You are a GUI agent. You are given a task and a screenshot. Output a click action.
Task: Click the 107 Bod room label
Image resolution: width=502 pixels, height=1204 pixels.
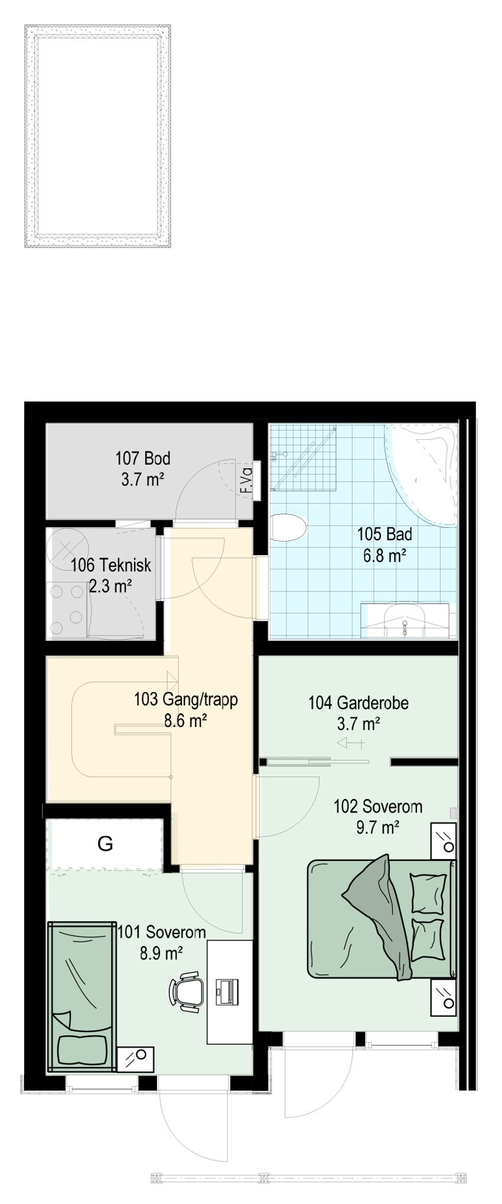tap(142, 458)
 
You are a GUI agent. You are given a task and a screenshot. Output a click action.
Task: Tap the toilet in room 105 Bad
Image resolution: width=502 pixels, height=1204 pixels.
tap(288, 526)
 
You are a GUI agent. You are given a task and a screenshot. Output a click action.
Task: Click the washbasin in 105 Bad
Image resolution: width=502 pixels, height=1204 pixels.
tap(405, 619)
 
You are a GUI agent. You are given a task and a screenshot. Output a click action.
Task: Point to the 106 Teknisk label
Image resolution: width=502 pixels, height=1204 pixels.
tap(111, 565)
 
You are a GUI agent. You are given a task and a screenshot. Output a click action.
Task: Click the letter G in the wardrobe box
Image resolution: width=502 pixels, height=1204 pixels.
tap(105, 844)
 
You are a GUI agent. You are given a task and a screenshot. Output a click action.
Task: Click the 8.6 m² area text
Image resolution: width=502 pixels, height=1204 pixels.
tap(185, 720)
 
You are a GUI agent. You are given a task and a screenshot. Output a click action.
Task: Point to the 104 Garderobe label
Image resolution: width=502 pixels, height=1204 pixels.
tap(358, 703)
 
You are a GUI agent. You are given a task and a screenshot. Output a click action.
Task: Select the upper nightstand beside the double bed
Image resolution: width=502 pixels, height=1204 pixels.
tap(444, 840)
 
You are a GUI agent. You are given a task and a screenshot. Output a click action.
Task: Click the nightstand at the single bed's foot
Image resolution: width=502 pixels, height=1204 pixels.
tap(136, 1059)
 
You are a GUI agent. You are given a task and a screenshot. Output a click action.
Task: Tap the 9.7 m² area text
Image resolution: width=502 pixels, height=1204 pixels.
tap(377, 827)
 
